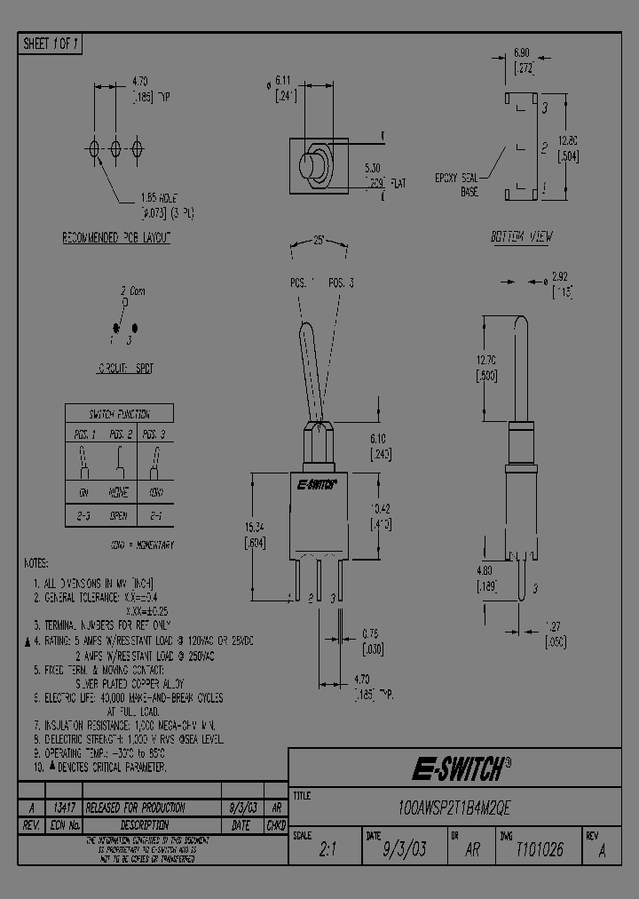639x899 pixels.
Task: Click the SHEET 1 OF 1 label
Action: [51, 44]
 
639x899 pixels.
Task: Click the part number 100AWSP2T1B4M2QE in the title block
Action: [454, 808]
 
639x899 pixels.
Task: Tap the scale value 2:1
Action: [326, 849]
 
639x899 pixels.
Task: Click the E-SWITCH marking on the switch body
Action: [316, 485]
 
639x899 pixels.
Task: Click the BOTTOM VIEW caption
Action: [521, 237]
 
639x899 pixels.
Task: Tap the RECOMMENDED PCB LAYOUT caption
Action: [115, 238]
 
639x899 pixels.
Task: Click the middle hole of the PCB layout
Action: [115, 148]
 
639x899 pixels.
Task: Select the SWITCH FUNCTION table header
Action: [119, 414]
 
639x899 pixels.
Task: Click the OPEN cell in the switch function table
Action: [119, 516]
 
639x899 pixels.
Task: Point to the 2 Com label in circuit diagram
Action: [132, 290]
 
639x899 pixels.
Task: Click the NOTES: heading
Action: [36, 563]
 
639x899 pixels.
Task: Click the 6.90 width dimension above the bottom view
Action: [522, 54]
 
